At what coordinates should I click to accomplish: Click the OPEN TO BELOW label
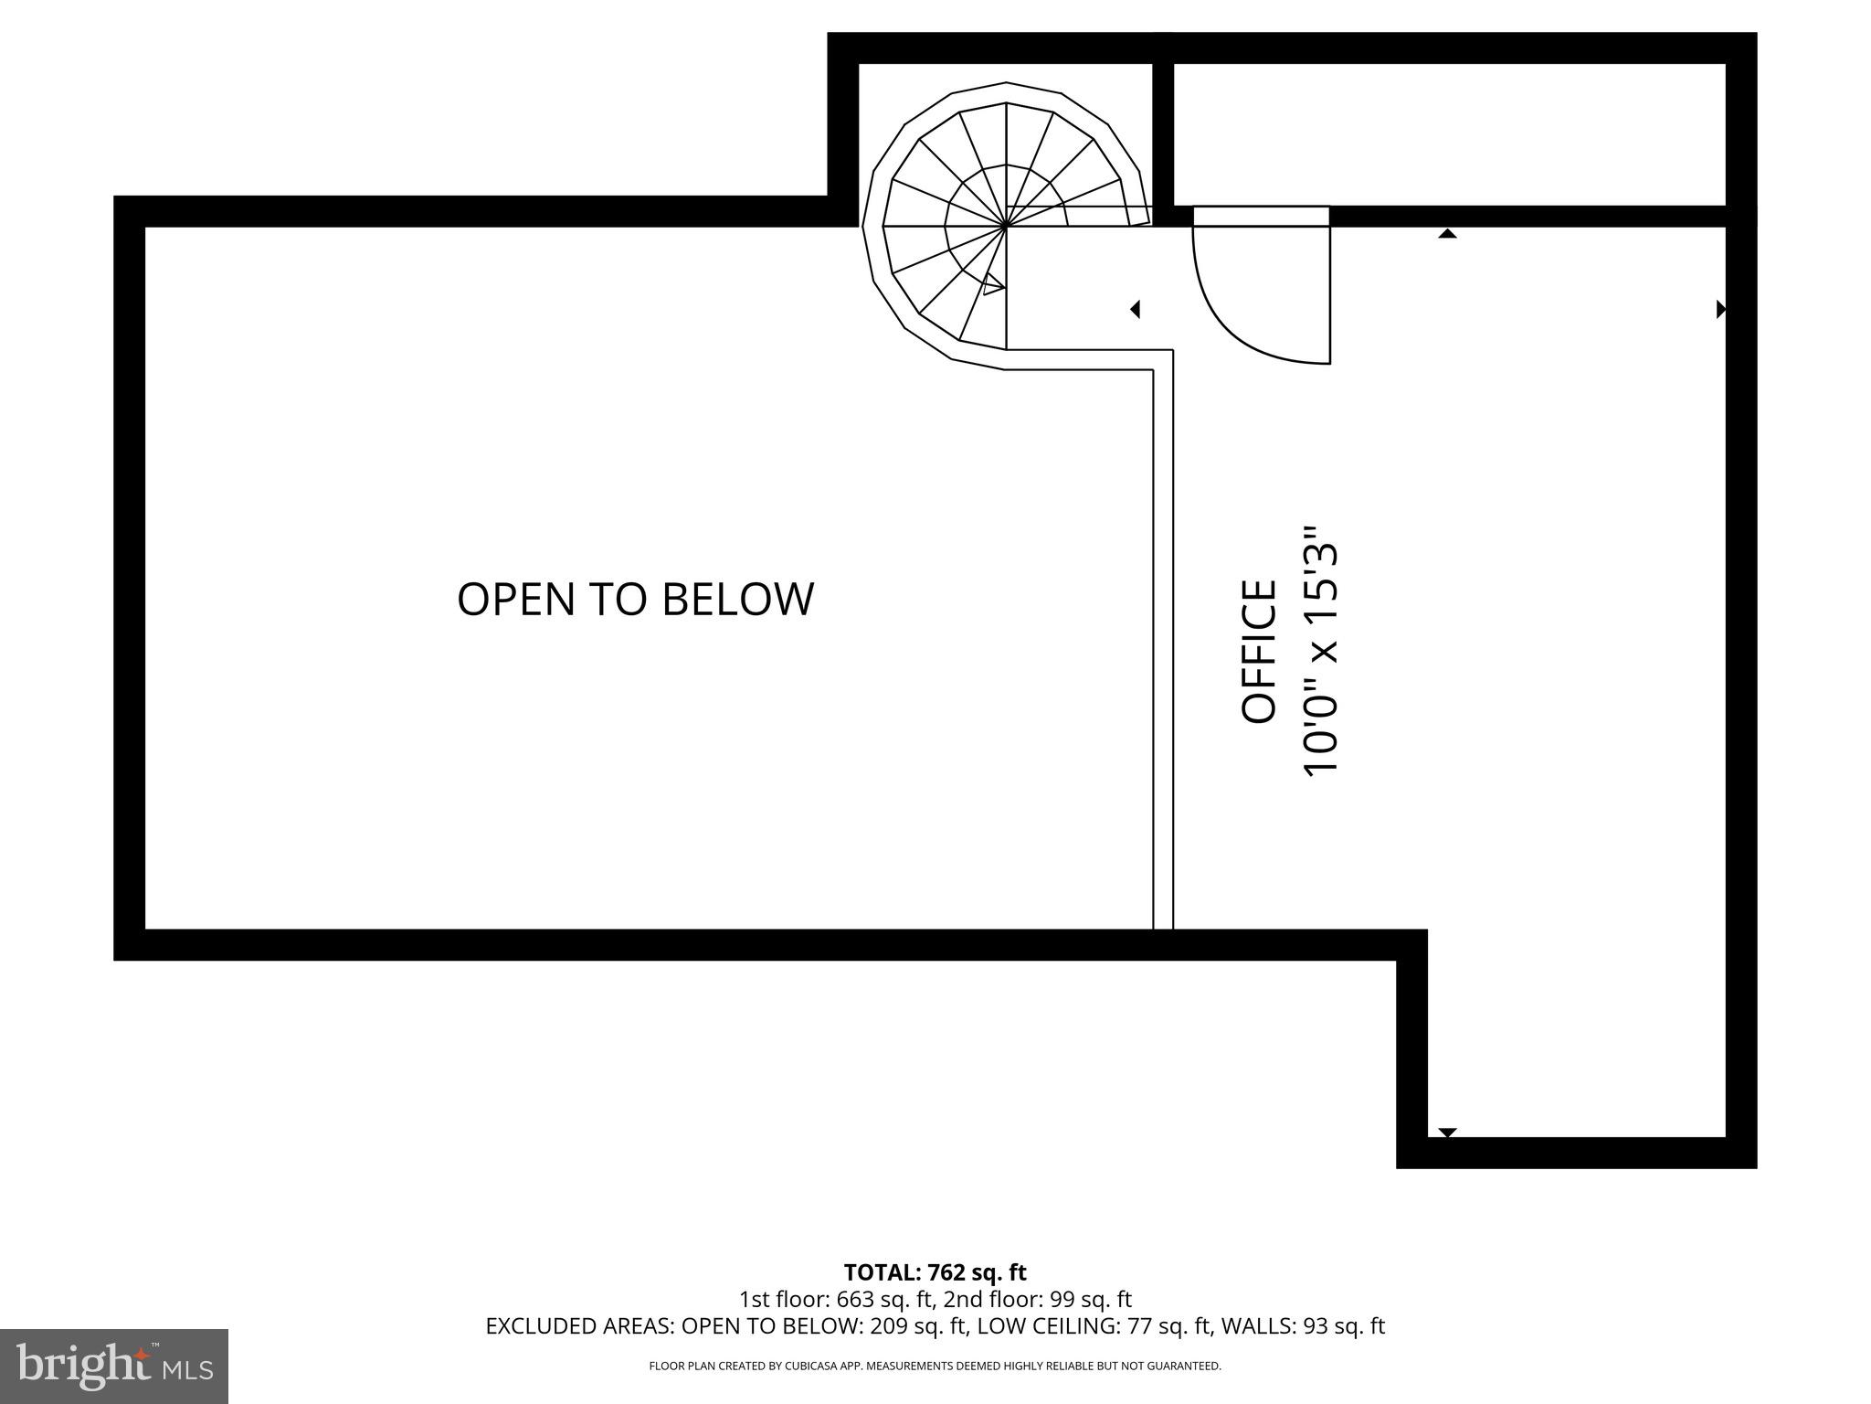coord(635,600)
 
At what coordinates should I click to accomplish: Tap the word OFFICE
coord(1259,651)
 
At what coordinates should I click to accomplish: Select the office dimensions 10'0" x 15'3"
coord(1320,651)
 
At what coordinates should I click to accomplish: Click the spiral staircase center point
coord(1006,224)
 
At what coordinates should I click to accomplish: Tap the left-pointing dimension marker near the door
coord(1136,310)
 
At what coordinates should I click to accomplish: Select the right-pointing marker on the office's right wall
coord(1721,310)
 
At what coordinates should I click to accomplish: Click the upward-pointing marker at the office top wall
coord(1447,234)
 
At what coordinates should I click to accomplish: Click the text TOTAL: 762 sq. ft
coord(935,1271)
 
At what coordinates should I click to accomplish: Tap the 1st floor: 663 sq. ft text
coord(836,1299)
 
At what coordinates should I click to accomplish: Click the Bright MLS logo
coord(113,1366)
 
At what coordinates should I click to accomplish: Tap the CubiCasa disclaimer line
coord(935,1366)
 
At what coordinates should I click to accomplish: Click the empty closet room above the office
coord(1448,134)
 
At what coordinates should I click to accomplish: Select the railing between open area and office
coord(1162,640)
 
